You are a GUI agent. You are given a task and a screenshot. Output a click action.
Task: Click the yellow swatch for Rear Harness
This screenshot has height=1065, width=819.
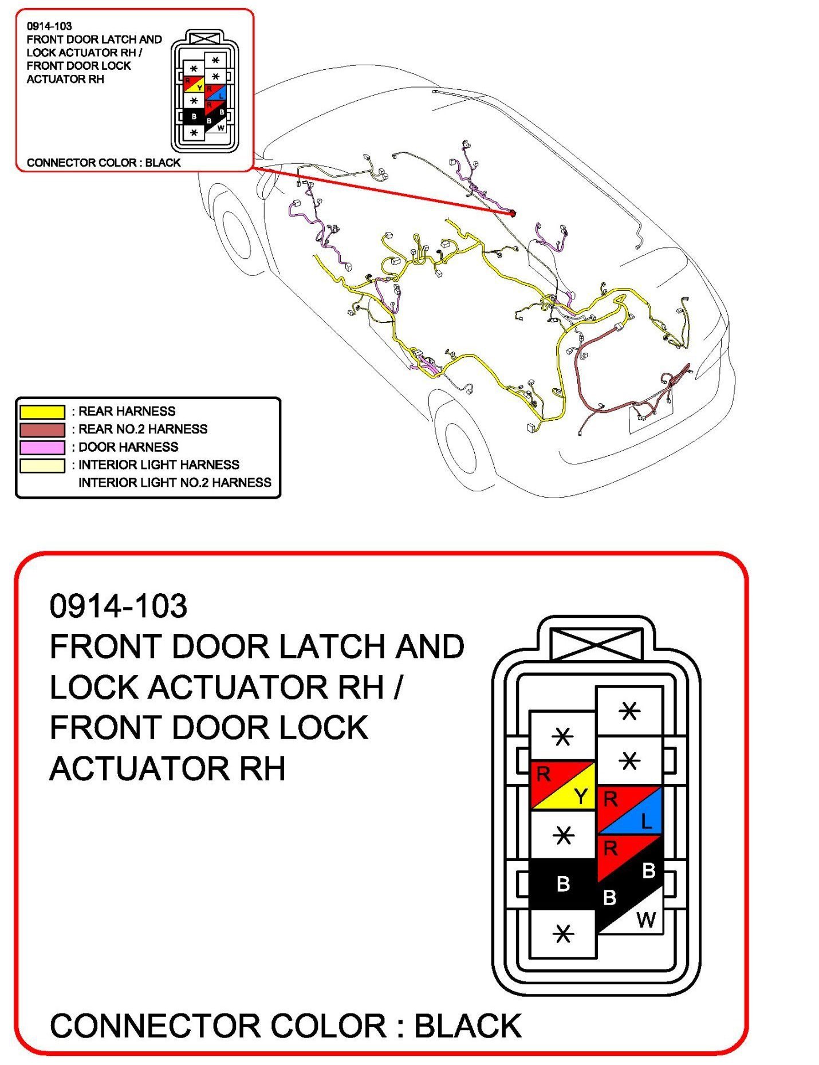click(x=42, y=411)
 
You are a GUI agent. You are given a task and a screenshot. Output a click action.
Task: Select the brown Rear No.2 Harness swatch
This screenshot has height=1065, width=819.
click(x=42, y=429)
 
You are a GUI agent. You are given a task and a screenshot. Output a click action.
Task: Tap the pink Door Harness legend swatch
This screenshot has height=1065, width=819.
click(x=42, y=447)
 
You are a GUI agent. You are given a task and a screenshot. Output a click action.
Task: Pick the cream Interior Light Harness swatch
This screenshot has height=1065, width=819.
click(x=42, y=465)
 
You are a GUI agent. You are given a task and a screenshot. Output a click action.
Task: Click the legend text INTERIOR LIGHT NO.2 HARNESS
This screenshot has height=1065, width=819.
click(x=175, y=483)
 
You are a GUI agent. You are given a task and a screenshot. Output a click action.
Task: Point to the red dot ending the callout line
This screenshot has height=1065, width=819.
click(x=513, y=213)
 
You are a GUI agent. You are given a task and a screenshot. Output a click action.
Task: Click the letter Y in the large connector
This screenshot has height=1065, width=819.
click(x=581, y=796)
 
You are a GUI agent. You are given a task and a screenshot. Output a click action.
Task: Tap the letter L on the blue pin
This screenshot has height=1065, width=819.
click(x=646, y=822)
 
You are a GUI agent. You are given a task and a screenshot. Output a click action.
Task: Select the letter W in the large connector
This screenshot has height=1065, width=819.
click(x=645, y=920)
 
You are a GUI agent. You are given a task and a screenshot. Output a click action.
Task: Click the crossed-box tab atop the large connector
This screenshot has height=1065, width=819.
click(x=596, y=644)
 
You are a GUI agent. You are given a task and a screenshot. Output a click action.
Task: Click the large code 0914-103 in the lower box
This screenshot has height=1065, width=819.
click(x=118, y=606)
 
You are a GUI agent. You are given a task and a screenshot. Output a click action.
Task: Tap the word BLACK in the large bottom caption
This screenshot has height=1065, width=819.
click(x=467, y=1025)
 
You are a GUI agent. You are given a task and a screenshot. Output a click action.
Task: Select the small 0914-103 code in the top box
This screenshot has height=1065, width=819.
click(x=49, y=26)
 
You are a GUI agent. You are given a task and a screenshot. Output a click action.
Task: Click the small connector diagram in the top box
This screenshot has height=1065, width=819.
click(x=204, y=92)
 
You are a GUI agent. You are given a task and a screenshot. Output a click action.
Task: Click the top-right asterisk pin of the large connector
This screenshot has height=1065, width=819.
click(x=629, y=711)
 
